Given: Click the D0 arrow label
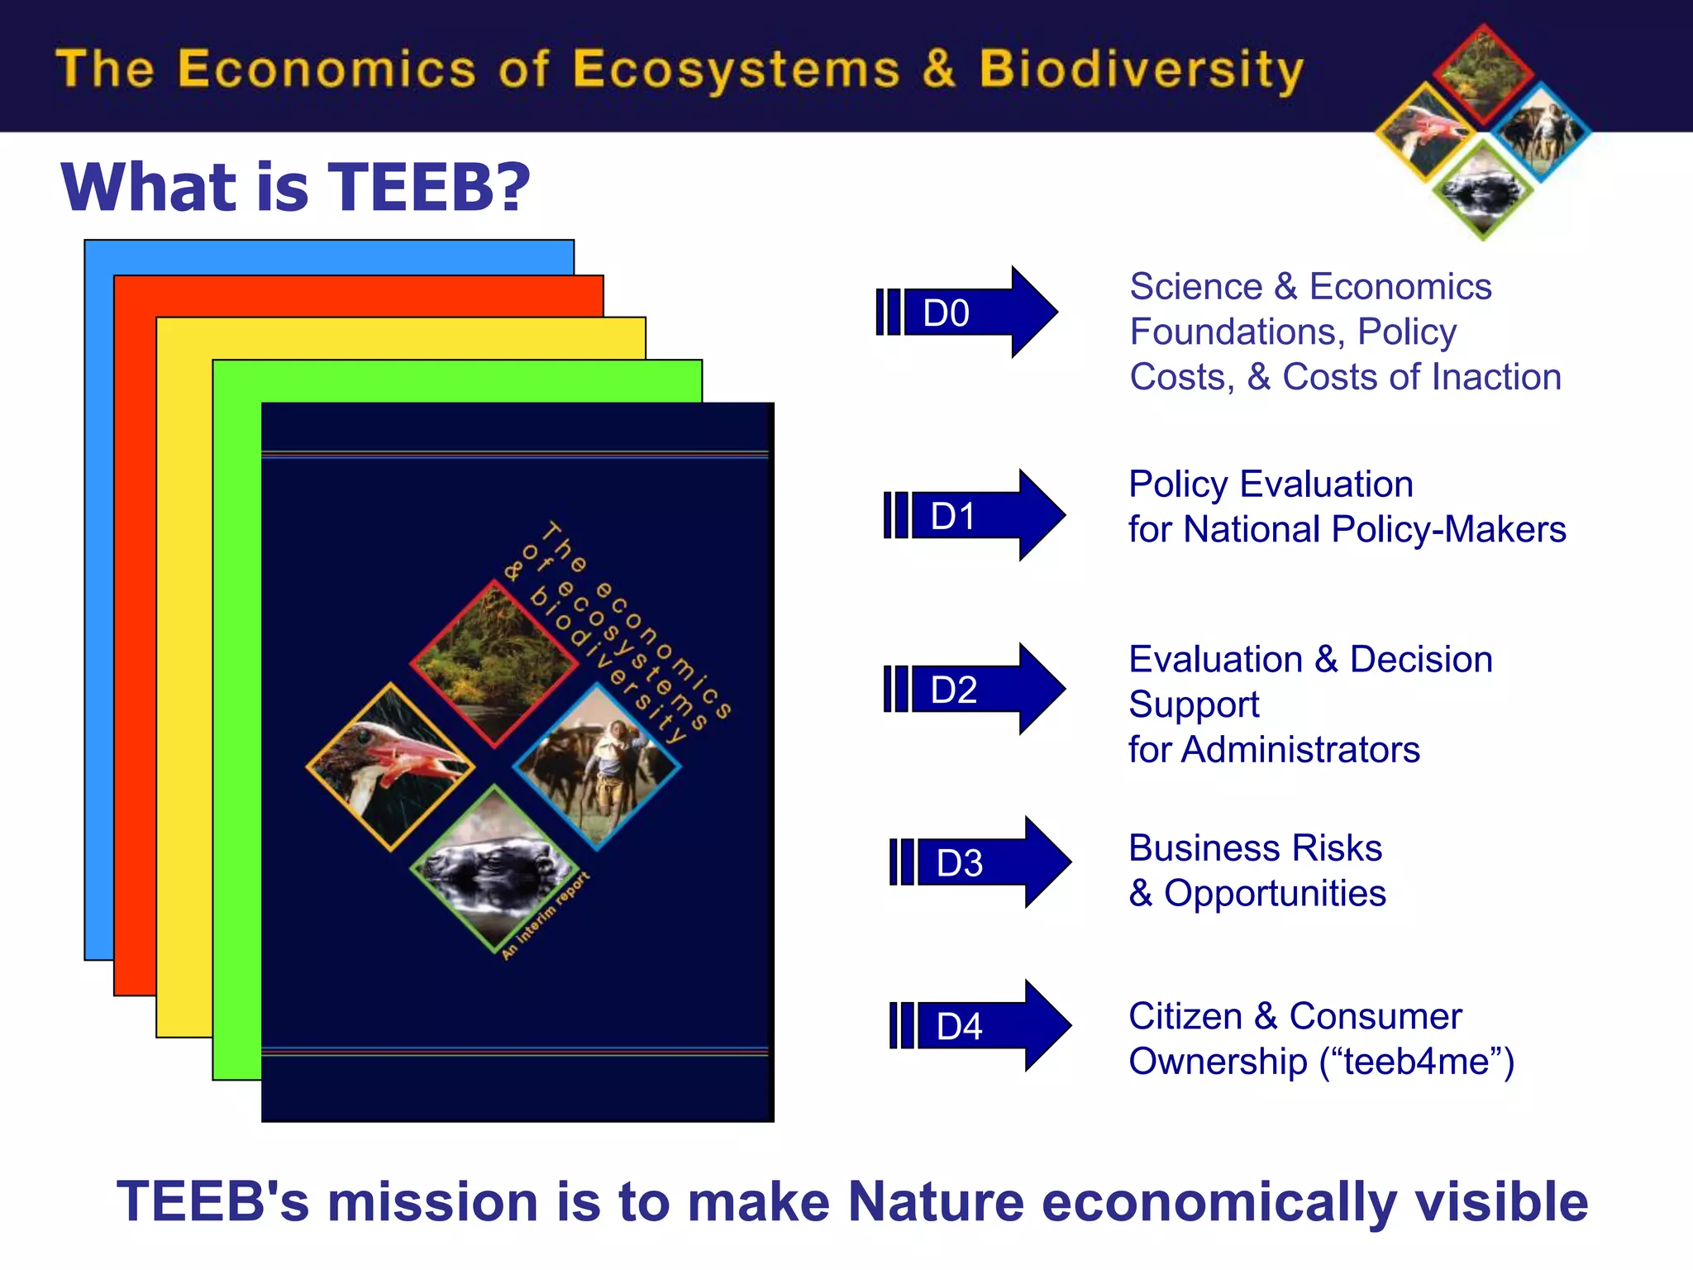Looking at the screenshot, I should [947, 313].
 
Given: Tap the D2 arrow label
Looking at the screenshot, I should [954, 690].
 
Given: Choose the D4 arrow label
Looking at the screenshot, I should [959, 1027].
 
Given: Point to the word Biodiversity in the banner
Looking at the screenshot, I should [1141, 69].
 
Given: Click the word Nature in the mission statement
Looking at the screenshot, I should [936, 1201].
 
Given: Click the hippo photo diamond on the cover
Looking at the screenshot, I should [494, 868].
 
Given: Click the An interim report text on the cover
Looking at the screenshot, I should [546, 915].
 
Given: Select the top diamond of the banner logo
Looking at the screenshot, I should [1483, 73].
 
